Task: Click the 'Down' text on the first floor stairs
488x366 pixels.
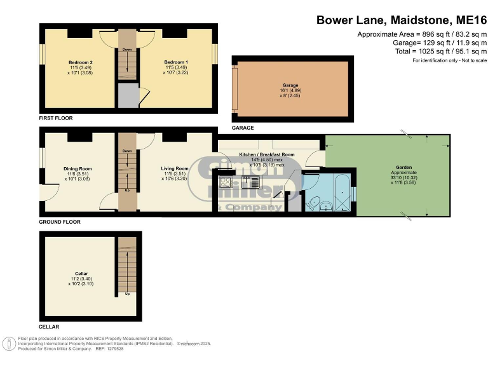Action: (127, 50)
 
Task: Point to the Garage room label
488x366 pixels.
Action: (290, 85)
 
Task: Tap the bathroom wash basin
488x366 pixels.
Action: (325, 205)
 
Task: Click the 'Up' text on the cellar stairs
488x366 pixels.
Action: (127, 294)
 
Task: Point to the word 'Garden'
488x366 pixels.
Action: (403, 167)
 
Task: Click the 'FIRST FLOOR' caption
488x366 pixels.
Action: (56, 118)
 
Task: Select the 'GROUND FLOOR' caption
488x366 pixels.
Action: (60, 222)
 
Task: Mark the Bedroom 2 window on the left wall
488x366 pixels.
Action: (41, 53)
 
